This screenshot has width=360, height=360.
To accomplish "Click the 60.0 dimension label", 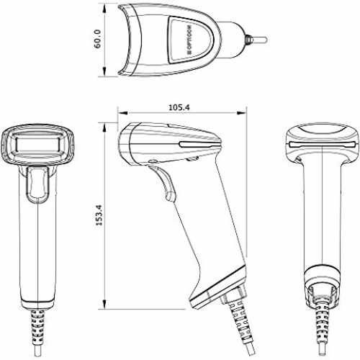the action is pyautogui.click(x=98, y=39).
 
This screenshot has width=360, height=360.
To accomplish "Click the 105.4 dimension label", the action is pyautogui.click(x=179, y=107).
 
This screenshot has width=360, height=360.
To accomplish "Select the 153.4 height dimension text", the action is pyautogui.click(x=99, y=215).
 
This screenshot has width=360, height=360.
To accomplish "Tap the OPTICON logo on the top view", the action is pyautogui.click(x=189, y=40).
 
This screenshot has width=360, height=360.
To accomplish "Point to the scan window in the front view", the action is pyautogui.click(x=38, y=144).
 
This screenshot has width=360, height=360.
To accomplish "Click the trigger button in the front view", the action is pyautogui.click(x=37, y=185).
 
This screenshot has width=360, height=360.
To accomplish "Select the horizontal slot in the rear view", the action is pyautogui.click(x=323, y=145).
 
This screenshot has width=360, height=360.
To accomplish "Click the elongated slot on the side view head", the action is pyautogui.click(x=200, y=145).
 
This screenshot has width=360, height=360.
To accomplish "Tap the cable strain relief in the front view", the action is pyautogui.click(x=38, y=325).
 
